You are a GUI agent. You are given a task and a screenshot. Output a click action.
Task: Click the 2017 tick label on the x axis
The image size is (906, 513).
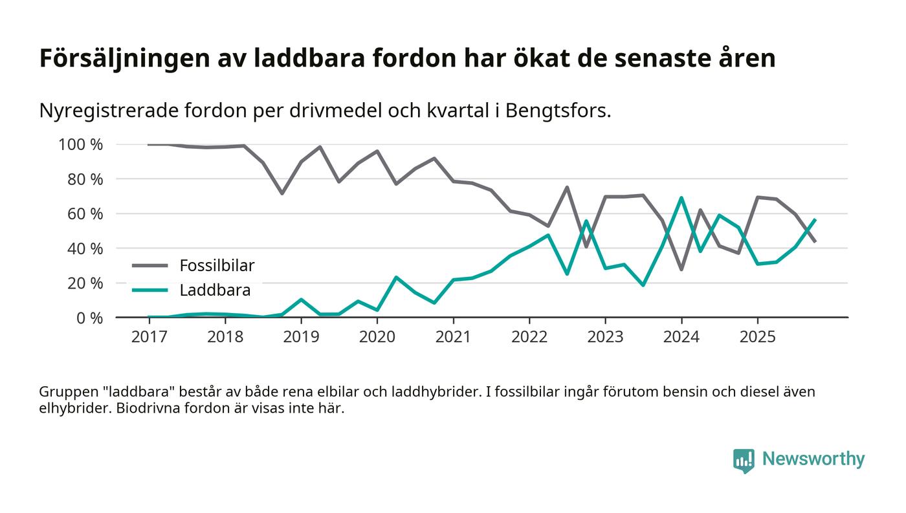(x=149, y=337)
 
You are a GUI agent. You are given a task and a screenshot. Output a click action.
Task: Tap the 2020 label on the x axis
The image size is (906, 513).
(x=377, y=337)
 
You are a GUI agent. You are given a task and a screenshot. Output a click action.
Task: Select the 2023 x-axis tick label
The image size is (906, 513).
(x=605, y=337)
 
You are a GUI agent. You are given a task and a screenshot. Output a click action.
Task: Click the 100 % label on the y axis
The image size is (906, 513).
(x=80, y=144)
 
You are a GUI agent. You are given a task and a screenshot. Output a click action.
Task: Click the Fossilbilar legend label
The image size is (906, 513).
(x=217, y=265)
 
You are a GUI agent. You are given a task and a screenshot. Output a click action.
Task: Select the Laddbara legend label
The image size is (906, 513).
(x=215, y=290)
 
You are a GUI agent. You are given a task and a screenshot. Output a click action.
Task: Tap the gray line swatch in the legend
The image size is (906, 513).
(x=150, y=265)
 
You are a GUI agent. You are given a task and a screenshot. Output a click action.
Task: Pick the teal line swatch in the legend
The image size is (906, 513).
(x=150, y=290)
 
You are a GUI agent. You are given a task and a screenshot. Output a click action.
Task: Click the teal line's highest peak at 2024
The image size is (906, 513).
(x=681, y=198)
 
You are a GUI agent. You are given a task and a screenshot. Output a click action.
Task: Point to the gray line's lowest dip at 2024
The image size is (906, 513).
(x=681, y=269)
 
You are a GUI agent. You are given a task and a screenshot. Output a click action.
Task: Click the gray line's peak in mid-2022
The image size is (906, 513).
(x=567, y=188)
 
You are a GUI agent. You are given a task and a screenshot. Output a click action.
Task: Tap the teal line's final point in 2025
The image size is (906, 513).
(x=815, y=220)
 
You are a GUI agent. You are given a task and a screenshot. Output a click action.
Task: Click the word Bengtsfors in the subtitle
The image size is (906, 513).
(x=556, y=111)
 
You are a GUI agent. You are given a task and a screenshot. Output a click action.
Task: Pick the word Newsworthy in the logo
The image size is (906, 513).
(x=813, y=459)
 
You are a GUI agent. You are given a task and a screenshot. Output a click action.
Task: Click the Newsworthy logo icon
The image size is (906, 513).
(x=744, y=460)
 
